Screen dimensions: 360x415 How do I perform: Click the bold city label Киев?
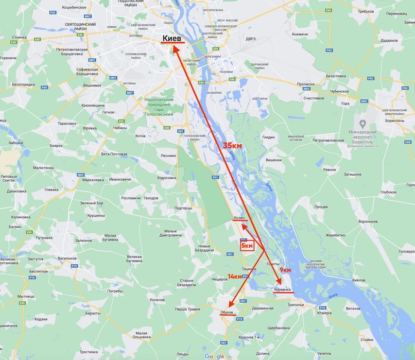pyautogui.click(x=172, y=38)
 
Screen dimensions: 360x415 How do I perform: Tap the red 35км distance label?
pyautogui.click(x=232, y=146)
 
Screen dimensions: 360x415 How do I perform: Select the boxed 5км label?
pyautogui.click(x=247, y=246)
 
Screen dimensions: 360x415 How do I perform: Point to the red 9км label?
pyautogui.click(x=285, y=269)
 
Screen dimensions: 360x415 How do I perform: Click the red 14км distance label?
pyautogui.click(x=235, y=277)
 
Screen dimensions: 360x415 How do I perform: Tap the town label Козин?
pyautogui.click(x=239, y=218)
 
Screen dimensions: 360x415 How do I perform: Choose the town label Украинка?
pyautogui.click(x=282, y=290)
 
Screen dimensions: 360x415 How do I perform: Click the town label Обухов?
pyautogui.click(x=227, y=313)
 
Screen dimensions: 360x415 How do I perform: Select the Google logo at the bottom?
pyautogui.click(x=214, y=356)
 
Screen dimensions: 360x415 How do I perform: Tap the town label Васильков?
pyautogui.click(x=67, y=258)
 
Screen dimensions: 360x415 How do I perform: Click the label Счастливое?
pyautogui.click(x=314, y=98)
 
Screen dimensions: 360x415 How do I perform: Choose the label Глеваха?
pyautogui.click(x=52, y=189)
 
